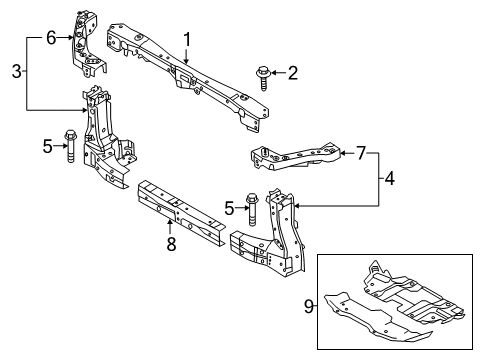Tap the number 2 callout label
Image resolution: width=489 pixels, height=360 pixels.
pyautogui.click(x=292, y=71)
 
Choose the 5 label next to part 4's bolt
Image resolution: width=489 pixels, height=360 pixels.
pyautogui.click(x=227, y=208)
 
